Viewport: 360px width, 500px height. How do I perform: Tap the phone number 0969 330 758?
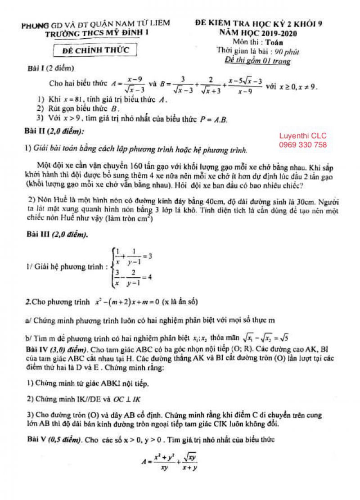(x=303, y=145)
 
